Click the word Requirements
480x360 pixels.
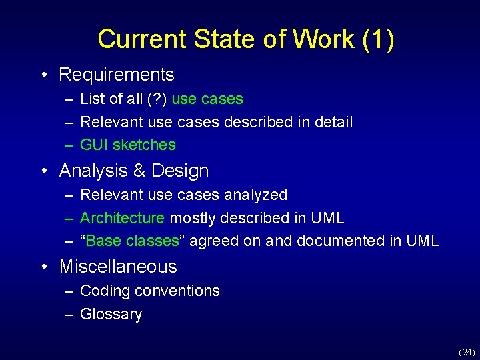coord(117,75)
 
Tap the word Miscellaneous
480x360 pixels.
coord(118,267)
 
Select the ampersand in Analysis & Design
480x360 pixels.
coord(139,171)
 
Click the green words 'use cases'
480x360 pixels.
coord(207,99)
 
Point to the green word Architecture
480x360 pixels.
coord(122,218)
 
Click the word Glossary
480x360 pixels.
coord(111,314)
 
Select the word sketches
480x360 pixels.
coord(146,145)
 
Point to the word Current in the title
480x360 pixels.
coord(142,39)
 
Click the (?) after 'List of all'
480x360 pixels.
coord(157,99)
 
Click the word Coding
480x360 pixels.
coord(104,291)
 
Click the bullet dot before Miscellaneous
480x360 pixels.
coord(44,267)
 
